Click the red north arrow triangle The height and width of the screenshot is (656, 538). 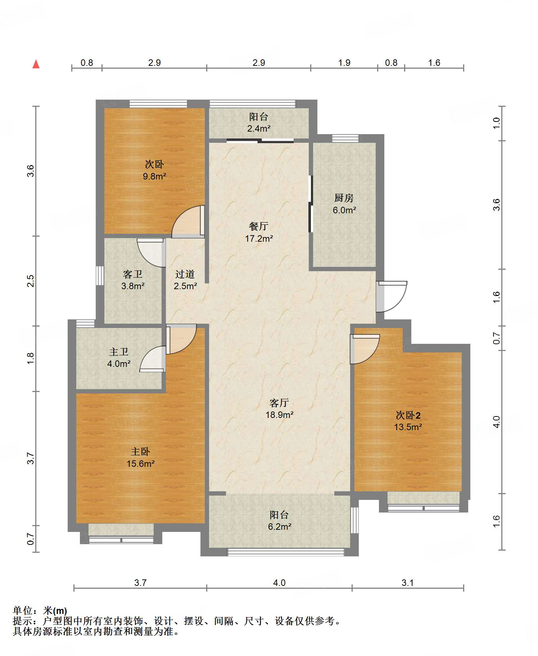coord(36,64)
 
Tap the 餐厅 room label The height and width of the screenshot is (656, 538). coord(259,226)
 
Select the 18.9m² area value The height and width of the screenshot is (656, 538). coord(279,415)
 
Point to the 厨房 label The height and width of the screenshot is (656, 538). coord(344,198)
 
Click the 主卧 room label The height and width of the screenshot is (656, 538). coord(140,451)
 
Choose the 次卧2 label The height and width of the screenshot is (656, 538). coord(408,415)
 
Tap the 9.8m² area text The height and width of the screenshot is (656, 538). coord(154,176)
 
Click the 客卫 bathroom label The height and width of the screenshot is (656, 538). coord(133,274)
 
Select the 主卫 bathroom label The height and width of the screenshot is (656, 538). coord(119,352)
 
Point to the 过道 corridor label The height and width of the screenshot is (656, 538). coord(185,274)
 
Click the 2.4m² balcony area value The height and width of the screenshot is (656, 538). coord(259,128)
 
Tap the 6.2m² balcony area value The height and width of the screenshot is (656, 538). coord(279,527)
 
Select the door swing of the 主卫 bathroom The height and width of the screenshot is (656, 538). coord(152,359)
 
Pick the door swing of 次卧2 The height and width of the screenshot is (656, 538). coord(365,349)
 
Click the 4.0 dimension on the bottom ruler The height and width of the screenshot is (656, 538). coord(279,583)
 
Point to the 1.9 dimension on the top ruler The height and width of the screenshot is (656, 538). coord(344,63)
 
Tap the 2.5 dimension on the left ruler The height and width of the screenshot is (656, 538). coord(31,281)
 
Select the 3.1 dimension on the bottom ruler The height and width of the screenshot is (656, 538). coord(407,583)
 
